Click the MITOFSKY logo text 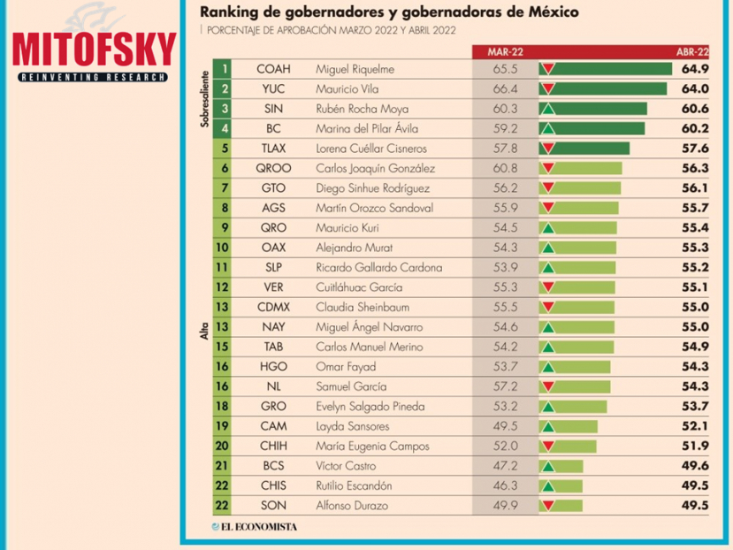[x=94, y=50]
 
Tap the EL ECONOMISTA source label [x=254, y=528]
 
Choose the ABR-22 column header [x=692, y=52]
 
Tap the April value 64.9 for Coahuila [x=696, y=69]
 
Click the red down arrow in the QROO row [x=548, y=168]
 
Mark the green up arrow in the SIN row [x=548, y=109]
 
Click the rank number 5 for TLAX [x=226, y=149]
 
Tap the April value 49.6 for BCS [x=696, y=466]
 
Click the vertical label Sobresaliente [x=205, y=98]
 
